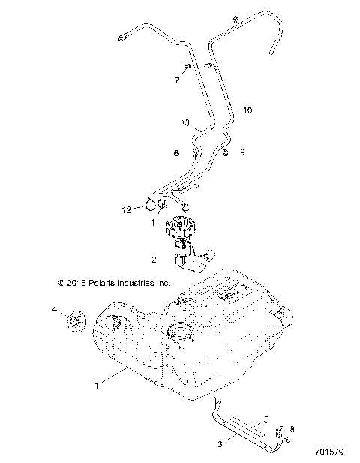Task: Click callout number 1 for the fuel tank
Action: pos(96,386)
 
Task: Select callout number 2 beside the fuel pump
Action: pos(154,260)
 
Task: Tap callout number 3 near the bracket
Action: pos(220,444)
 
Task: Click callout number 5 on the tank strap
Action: pos(265,420)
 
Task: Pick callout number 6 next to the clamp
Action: pos(176,153)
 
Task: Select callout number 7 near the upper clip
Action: pos(177,80)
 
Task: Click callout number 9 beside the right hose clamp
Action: pos(242,153)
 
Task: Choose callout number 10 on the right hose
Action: pos(247,110)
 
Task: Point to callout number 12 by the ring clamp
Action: pos(127,209)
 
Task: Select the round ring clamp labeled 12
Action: pos(154,203)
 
